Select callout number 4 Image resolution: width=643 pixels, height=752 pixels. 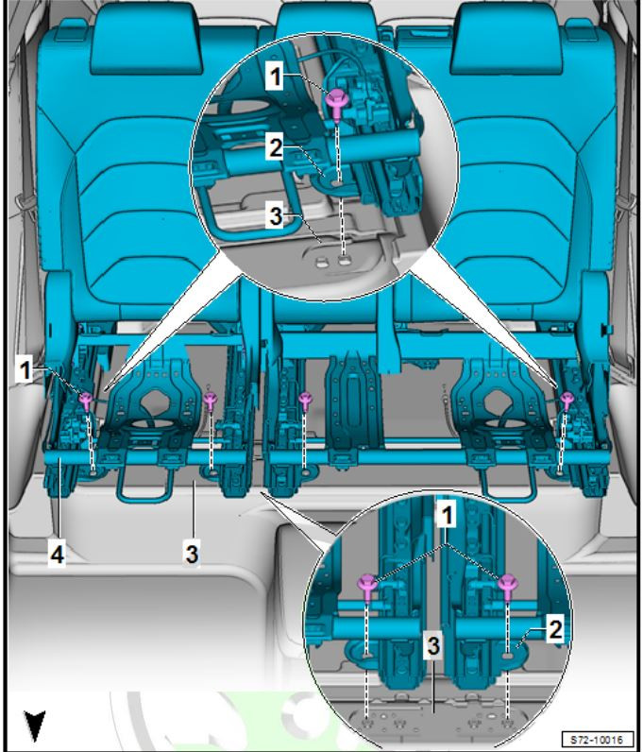(57, 555)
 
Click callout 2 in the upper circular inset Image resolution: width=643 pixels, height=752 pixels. (275, 147)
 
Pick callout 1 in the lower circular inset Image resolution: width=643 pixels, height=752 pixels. (447, 516)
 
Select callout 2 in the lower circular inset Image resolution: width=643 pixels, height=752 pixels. (555, 629)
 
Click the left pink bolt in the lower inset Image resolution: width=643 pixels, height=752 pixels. (368, 587)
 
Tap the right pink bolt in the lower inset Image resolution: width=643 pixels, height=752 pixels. (507, 587)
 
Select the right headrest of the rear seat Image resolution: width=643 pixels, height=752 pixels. (506, 38)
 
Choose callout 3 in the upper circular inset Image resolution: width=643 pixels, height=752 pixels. (275, 215)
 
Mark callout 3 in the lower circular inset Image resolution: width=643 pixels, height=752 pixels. (433, 645)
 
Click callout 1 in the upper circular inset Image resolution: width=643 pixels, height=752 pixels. (275, 77)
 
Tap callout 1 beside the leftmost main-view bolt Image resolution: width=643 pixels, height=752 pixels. (25, 369)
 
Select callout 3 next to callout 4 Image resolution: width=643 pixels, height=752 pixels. (192, 554)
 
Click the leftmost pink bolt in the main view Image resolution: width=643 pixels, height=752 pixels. (86, 401)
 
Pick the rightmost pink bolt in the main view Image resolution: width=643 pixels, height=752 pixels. (567, 401)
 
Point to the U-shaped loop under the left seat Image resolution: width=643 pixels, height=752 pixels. (144, 497)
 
